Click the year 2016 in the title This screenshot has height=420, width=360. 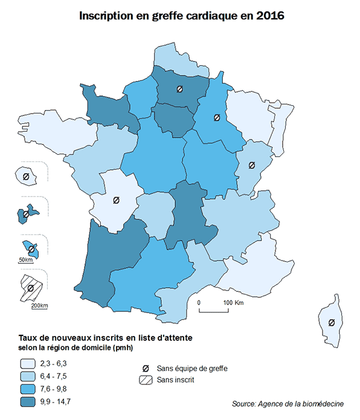tap(266, 16)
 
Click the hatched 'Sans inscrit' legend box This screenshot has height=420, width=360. tap(144, 380)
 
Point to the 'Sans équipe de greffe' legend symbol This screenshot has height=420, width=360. tap(145, 368)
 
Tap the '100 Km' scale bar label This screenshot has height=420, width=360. tap(233, 302)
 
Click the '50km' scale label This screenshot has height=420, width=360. tap(25, 260)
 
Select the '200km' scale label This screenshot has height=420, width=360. tap(39, 305)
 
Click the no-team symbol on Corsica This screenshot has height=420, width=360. tap(331, 322)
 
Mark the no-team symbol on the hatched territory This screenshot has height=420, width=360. tap(30, 288)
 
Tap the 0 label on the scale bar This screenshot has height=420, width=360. tap(199, 302)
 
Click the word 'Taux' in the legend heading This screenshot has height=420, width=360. tap(30, 337)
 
